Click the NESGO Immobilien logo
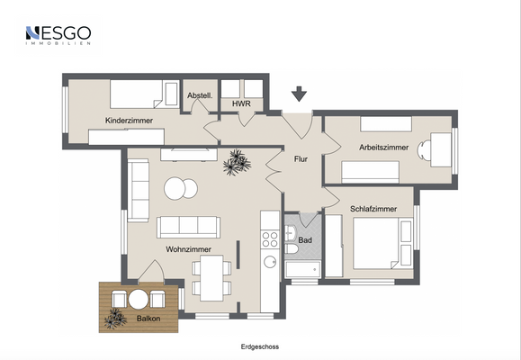tap(58, 36)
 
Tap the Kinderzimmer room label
tap(129, 120)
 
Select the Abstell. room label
tap(198, 95)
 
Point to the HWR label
tap(241, 104)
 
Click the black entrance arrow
tap(299, 94)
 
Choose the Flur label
tap(301, 159)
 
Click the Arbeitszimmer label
tap(383, 147)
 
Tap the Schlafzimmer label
tap(373, 209)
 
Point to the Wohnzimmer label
tap(188, 249)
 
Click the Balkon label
tap(138, 319)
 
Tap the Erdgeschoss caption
tap(260, 346)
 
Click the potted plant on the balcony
tap(114, 319)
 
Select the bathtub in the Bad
tap(302, 269)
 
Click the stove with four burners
tap(269, 238)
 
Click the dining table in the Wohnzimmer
tap(211, 276)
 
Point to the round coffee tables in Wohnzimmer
tap(181, 189)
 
